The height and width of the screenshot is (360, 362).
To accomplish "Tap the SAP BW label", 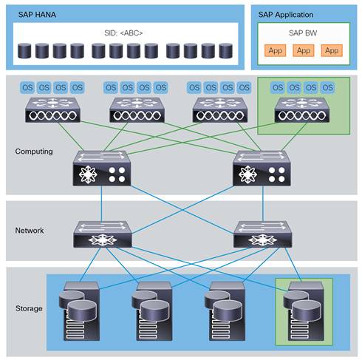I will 303,34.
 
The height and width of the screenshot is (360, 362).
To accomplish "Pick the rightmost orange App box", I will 332,50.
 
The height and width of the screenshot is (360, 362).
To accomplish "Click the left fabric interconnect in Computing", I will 101,169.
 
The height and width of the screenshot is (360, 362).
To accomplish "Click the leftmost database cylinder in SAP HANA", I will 24,51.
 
